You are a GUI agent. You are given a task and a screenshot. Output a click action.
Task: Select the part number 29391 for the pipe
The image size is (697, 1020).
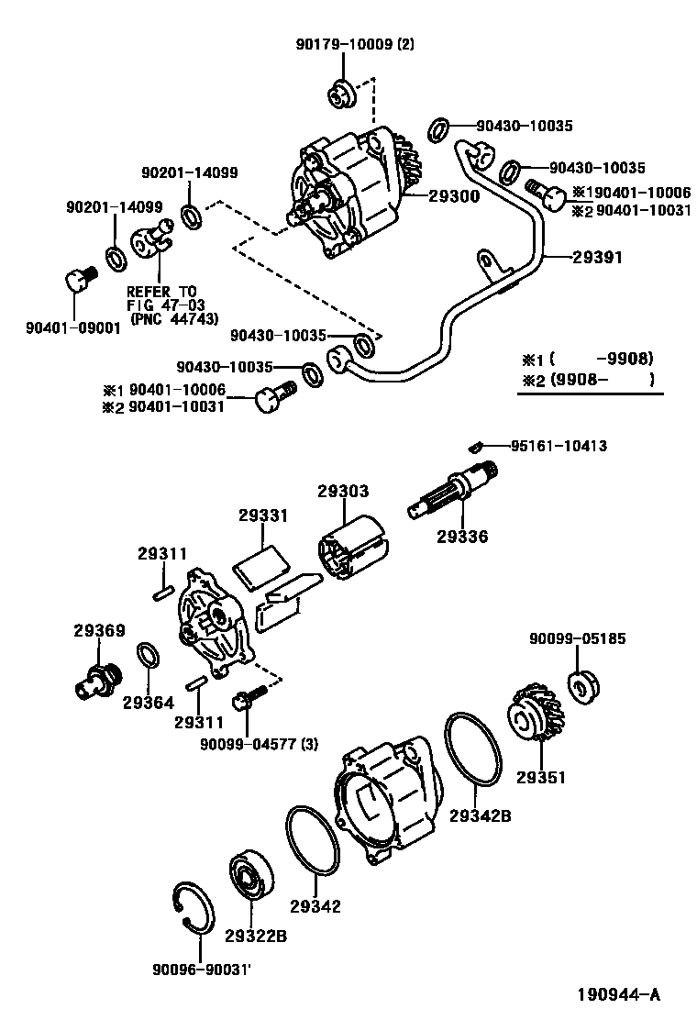(x=598, y=258)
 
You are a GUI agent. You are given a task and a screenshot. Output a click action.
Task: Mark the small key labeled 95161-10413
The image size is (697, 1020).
(x=476, y=447)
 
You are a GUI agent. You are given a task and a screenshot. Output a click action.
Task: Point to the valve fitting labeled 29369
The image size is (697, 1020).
(x=94, y=681)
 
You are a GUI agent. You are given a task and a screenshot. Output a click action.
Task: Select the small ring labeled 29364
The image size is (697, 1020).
(x=146, y=657)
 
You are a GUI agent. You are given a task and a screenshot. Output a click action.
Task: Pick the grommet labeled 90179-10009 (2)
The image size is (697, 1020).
(x=342, y=93)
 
